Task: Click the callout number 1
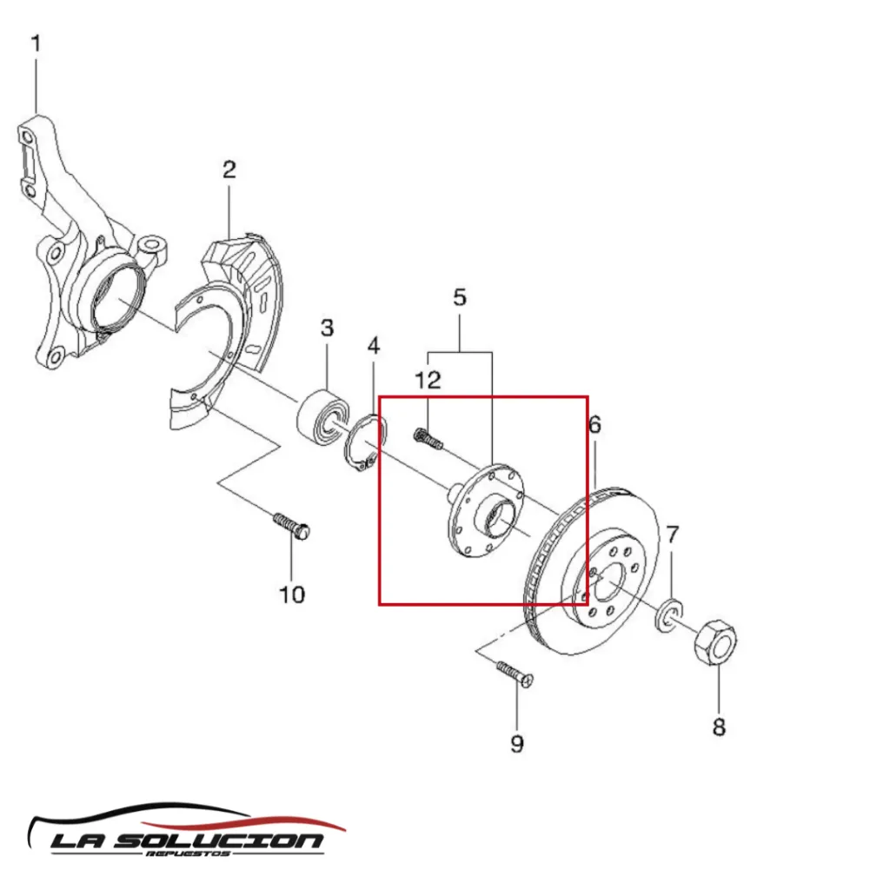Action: click(36, 43)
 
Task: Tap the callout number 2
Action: click(229, 169)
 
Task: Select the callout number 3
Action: click(327, 328)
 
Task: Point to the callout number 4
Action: click(374, 346)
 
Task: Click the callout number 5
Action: click(460, 297)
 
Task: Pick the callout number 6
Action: click(594, 424)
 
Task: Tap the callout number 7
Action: click(672, 535)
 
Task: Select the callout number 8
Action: click(719, 726)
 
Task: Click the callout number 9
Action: click(516, 744)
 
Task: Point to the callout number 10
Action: click(292, 594)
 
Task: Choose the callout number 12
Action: click(428, 381)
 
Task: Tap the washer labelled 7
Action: click(670, 614)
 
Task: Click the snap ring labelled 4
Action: click(366, 443)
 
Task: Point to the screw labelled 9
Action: click(515, 674)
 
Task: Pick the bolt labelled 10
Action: click(292, 526)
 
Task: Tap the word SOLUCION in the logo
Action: click(218, 840)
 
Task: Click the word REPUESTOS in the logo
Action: click(189, 853)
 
